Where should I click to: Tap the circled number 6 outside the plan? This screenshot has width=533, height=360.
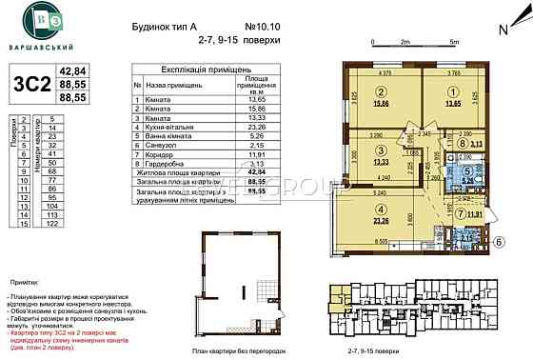coord(497,245)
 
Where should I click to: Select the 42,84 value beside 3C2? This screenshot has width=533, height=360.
coord(73,70)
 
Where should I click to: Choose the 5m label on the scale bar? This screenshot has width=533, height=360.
coord(454,42)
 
